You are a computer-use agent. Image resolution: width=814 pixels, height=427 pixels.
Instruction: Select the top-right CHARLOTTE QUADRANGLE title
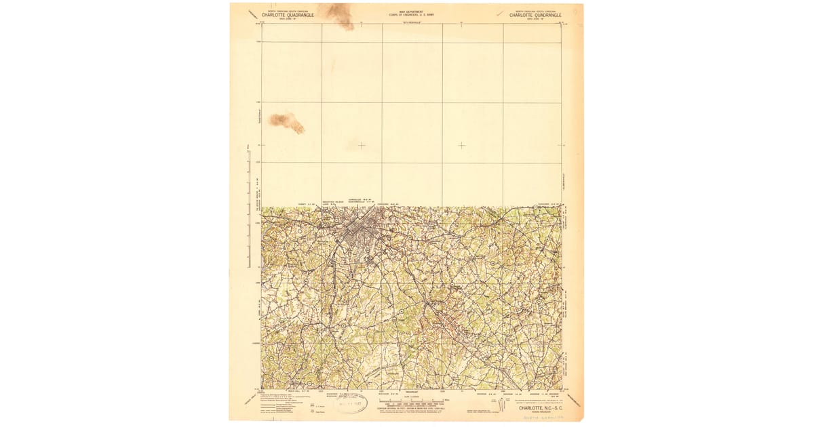pos(535,14)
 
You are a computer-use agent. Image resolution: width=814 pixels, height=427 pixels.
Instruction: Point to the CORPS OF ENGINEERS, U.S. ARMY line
pos(411,14)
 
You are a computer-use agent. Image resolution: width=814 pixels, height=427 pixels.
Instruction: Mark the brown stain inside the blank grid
pos(286,122)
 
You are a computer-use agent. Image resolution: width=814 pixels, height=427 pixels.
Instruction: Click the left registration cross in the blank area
pos(362,145)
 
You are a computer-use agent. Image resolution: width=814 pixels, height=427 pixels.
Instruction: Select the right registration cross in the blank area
pos(462,145)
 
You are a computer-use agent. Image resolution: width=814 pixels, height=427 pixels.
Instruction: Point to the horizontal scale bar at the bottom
pos(411,401)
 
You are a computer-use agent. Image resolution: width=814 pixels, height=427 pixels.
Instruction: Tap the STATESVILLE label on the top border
pos(412,22)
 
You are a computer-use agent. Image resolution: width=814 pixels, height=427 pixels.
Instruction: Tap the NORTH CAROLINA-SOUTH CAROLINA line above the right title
pos(535,10)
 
